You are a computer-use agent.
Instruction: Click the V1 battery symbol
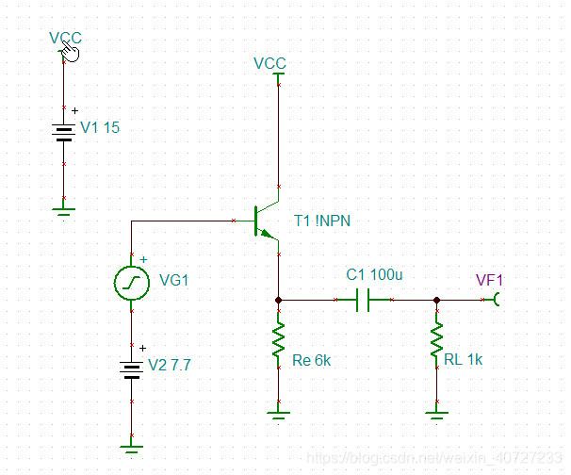63,128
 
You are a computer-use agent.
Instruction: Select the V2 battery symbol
130,368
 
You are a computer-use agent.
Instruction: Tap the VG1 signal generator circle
130,281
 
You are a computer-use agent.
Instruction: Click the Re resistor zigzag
279,343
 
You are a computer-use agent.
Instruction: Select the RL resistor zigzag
437,343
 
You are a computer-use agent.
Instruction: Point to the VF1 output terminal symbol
500,300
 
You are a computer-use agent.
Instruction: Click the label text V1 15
100,128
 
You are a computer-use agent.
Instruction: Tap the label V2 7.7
170,366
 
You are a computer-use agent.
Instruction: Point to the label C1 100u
374,275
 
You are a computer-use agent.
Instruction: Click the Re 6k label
312,359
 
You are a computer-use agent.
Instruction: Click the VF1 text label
489,280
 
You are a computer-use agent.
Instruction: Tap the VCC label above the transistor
269,63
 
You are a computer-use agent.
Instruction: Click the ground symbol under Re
279,409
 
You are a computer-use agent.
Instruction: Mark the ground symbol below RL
437,409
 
